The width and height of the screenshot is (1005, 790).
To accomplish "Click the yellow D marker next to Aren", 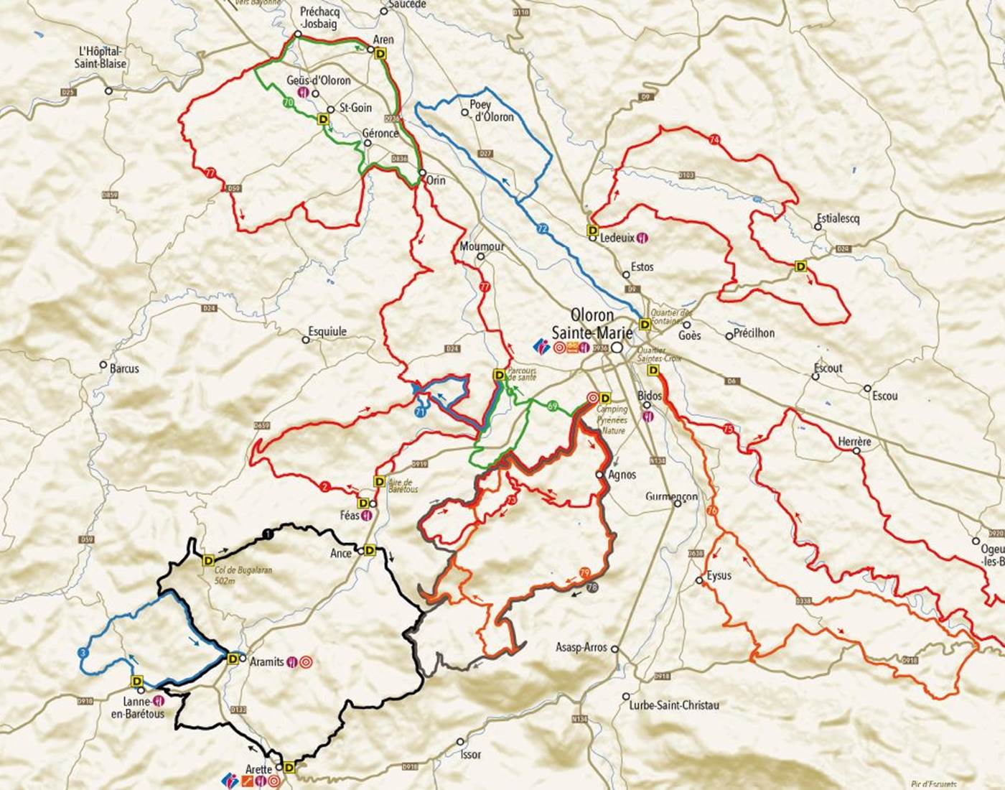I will pyautogui.click(x=380, y=52).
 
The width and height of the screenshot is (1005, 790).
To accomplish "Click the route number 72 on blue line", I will pyautogui.click(x=542, y=228).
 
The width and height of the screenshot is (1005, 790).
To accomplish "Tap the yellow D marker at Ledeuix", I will pyautogui.click(x=593, y=230).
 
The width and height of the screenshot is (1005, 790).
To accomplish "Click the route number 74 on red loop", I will pyautogui.click(x=713, y=139).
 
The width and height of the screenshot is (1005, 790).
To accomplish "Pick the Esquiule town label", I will pyautogui.click(x=327, y=331).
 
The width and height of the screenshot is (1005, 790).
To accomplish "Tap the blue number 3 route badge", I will pyautogui.click(x=83, y=653).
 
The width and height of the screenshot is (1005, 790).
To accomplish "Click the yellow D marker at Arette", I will pyautogui.click(x=289, y=768).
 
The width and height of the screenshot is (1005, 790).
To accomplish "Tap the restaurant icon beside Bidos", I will pyautogui.click(x=649, y=415).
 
